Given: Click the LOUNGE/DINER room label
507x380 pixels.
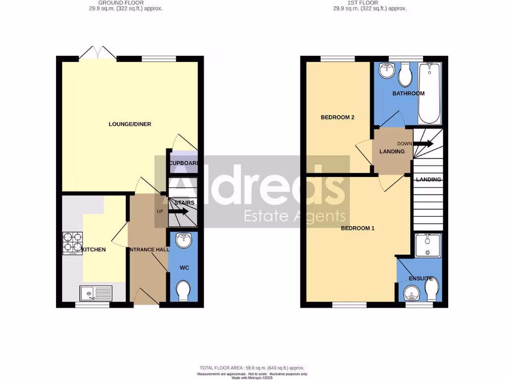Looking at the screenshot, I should pyautogui.click(x=130, y=124).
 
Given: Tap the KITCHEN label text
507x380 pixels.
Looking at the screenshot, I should pyautogui.click(x=94, y=250).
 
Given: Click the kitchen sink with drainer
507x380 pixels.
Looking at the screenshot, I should pyautogui.click(x=96, y=294).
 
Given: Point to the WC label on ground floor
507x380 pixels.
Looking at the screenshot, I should pyautogui.click(x=184, y=268).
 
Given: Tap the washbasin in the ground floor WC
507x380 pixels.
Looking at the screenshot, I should pyautogui.click(x=184, y=240).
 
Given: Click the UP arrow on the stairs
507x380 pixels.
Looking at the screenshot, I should pyautogui.click(x=178, y=212).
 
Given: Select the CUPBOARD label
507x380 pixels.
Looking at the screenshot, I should pyautogui.click(x=184, y=164).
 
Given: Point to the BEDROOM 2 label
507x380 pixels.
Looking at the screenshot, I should pyautogui.click(x=338, y=117).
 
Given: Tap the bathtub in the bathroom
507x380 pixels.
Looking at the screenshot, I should pyautogui.click(x=430, y=93).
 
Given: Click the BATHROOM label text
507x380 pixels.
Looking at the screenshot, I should pyautogui.click(x=408, y=94).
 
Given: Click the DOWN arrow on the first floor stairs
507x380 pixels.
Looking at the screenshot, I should pyautogui.click(x=424, y=144).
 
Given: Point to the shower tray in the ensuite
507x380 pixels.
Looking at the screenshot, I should pyautogui.click(x=427, y=246).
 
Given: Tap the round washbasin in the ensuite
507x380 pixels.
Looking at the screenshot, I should pyautogui.click(x=411, y=294).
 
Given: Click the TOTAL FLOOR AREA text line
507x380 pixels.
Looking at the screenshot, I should pyautogui.click(x=252, y=368).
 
